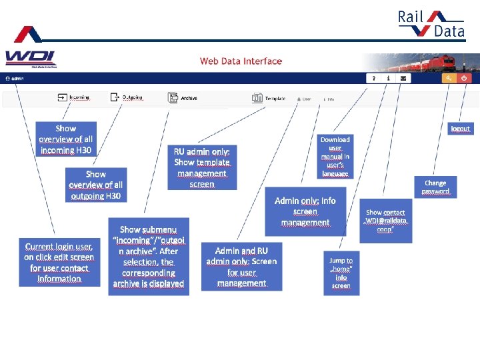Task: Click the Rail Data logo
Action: (x=430, y=24)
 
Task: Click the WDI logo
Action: (x=31, y=59)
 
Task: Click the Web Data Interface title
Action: (x=241, y=61)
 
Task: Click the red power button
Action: (x=465, y=78)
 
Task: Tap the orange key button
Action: (x=449, y=78)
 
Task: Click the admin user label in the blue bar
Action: (x=14, y=78)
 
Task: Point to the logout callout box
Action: (x=461, y=128)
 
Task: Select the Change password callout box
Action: (x=435, y=187)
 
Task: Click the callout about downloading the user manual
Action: (x=335, y=157)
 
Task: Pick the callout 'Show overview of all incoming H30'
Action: (x=66, y=139)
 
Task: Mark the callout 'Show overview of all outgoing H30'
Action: (x=96, y=185)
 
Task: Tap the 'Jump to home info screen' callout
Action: (x=341, y=273)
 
